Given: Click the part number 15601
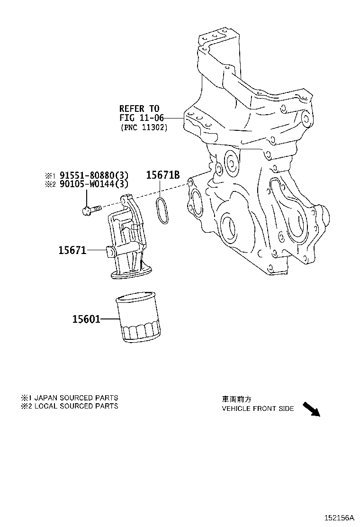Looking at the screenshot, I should pyautogui.click(x=86, y=319).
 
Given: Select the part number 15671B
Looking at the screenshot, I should pyautogui.click(x=162, y=175).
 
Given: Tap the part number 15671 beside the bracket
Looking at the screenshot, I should pyautogui.click(x=72, y=250).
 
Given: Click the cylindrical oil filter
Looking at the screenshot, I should pyautogui.click(x=139, y=318).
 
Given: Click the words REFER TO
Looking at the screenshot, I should pyautogui.click(x=139, y=109).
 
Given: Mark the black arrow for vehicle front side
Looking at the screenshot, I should pyautogui.click(x=311, y=409).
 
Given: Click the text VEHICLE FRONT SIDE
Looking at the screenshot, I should pyautogui.click(x=258, y=409).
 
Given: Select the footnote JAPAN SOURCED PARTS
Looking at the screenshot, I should pyautogui.click(x=76, y=398).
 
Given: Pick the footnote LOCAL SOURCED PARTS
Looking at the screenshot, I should pyautogui.click(x=76, y=406).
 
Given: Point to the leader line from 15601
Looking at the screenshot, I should pyautogui.click(x=110, y=319).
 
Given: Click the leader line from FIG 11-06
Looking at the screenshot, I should pyautogui.click(x=173, y=118).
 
